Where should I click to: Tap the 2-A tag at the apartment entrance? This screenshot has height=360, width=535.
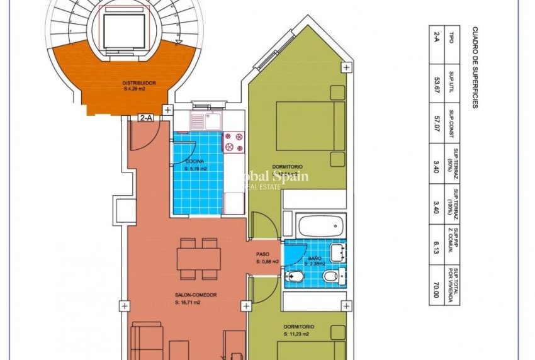(147, 118)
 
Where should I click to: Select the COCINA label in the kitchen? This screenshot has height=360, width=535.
(194, 162)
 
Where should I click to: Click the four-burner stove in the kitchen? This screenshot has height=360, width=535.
(234, 142)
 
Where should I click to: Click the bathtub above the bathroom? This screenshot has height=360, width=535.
(321, 223)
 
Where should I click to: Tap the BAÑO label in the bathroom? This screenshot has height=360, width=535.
(315, 259)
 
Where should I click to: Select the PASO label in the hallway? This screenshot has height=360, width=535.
(262, 255)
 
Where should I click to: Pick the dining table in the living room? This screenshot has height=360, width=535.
(199, 259)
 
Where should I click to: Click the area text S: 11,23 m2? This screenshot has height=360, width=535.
(298, 335)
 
